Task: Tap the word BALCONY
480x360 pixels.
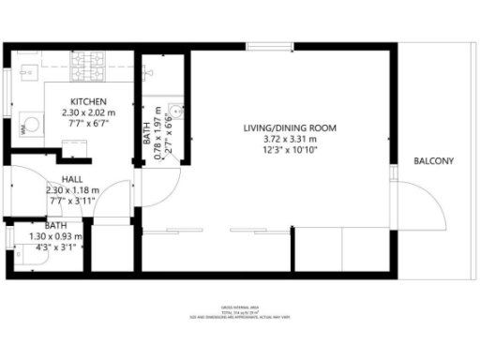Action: coord(433,161)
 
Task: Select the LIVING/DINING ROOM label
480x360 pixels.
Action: coord(290,127)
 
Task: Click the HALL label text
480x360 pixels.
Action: coord(73,178)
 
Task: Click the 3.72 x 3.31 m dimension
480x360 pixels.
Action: coord(290,139)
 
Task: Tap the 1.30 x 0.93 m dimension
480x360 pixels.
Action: coord(56,236)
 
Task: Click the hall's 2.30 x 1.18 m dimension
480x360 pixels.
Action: coord(73,189)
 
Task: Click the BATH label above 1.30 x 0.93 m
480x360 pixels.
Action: coord(55,226)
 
